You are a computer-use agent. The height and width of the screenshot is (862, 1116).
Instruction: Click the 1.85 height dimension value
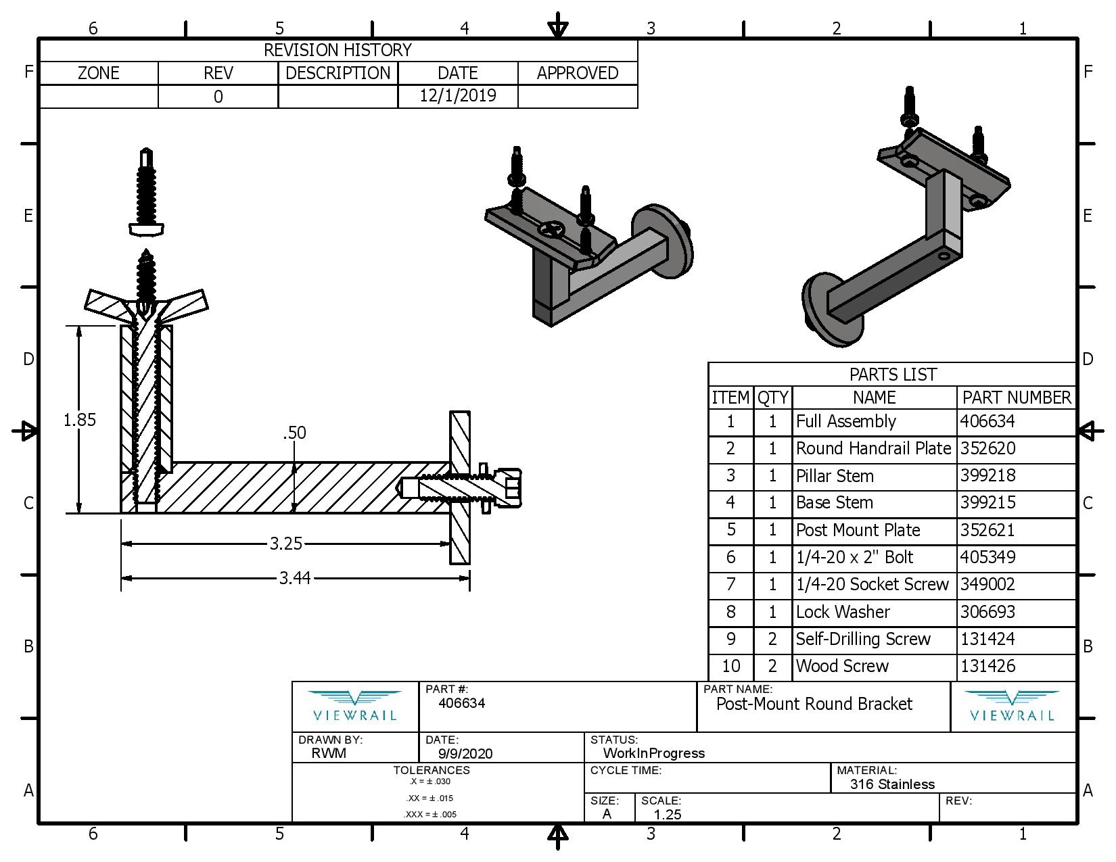(80, 420)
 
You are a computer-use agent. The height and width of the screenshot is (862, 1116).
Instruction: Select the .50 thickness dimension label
(294, 433)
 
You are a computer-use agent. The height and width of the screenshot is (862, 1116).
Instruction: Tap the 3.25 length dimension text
(285, 544)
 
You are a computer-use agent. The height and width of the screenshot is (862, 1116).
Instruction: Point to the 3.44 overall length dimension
(295, 578)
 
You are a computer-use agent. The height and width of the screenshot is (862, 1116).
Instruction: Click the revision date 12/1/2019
(458, 95)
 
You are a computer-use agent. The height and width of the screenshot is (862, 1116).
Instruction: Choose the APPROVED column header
(578, 73)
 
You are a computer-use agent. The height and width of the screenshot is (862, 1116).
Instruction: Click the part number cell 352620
(987, 448)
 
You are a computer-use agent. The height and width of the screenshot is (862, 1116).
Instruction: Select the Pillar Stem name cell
(835, 476)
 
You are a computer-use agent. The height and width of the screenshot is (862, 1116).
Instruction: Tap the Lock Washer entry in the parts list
(843, 612)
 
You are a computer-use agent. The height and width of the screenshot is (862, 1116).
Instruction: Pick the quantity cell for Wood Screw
(772, 666)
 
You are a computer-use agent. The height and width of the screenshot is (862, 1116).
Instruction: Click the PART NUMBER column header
(1017, 398)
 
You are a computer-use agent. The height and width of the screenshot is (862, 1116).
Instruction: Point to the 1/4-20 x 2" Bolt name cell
(854, 557)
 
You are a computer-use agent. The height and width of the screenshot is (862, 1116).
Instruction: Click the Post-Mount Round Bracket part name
(814, 704)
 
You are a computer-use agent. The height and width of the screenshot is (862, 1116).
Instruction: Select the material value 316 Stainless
(892, 784)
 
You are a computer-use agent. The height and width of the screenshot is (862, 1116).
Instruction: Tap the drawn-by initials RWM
(329, 753)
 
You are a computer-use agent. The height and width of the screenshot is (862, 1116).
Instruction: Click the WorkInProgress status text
(653, 753)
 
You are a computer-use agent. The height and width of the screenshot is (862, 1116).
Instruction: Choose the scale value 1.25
(668, 814)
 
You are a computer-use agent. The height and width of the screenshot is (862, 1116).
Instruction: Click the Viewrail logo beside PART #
(355, 706)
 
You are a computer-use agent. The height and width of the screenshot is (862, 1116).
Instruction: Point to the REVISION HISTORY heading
(338, 50)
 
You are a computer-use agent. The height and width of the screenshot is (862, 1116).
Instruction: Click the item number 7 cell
(730, 584)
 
